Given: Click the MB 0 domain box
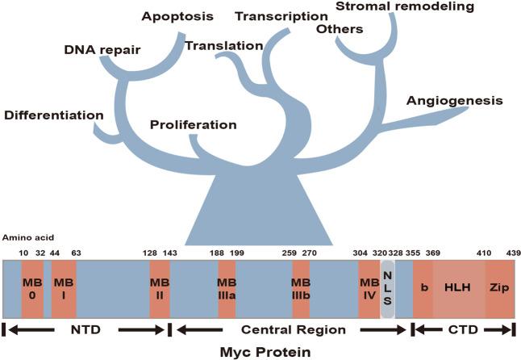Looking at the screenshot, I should (32, 289).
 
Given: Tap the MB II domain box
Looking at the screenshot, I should (159, 289).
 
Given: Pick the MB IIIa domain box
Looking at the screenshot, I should (227, 289).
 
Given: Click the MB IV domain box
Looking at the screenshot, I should (369, 289).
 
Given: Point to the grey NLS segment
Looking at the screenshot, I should (387, 288).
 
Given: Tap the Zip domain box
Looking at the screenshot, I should (499, 289).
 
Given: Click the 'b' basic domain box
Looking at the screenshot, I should (423, 289).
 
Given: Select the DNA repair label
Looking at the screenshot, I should (102, 51).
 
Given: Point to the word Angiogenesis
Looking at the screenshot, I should (455, 101).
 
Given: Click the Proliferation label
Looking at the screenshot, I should (194, 125).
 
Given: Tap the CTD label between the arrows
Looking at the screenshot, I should (463, 329).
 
